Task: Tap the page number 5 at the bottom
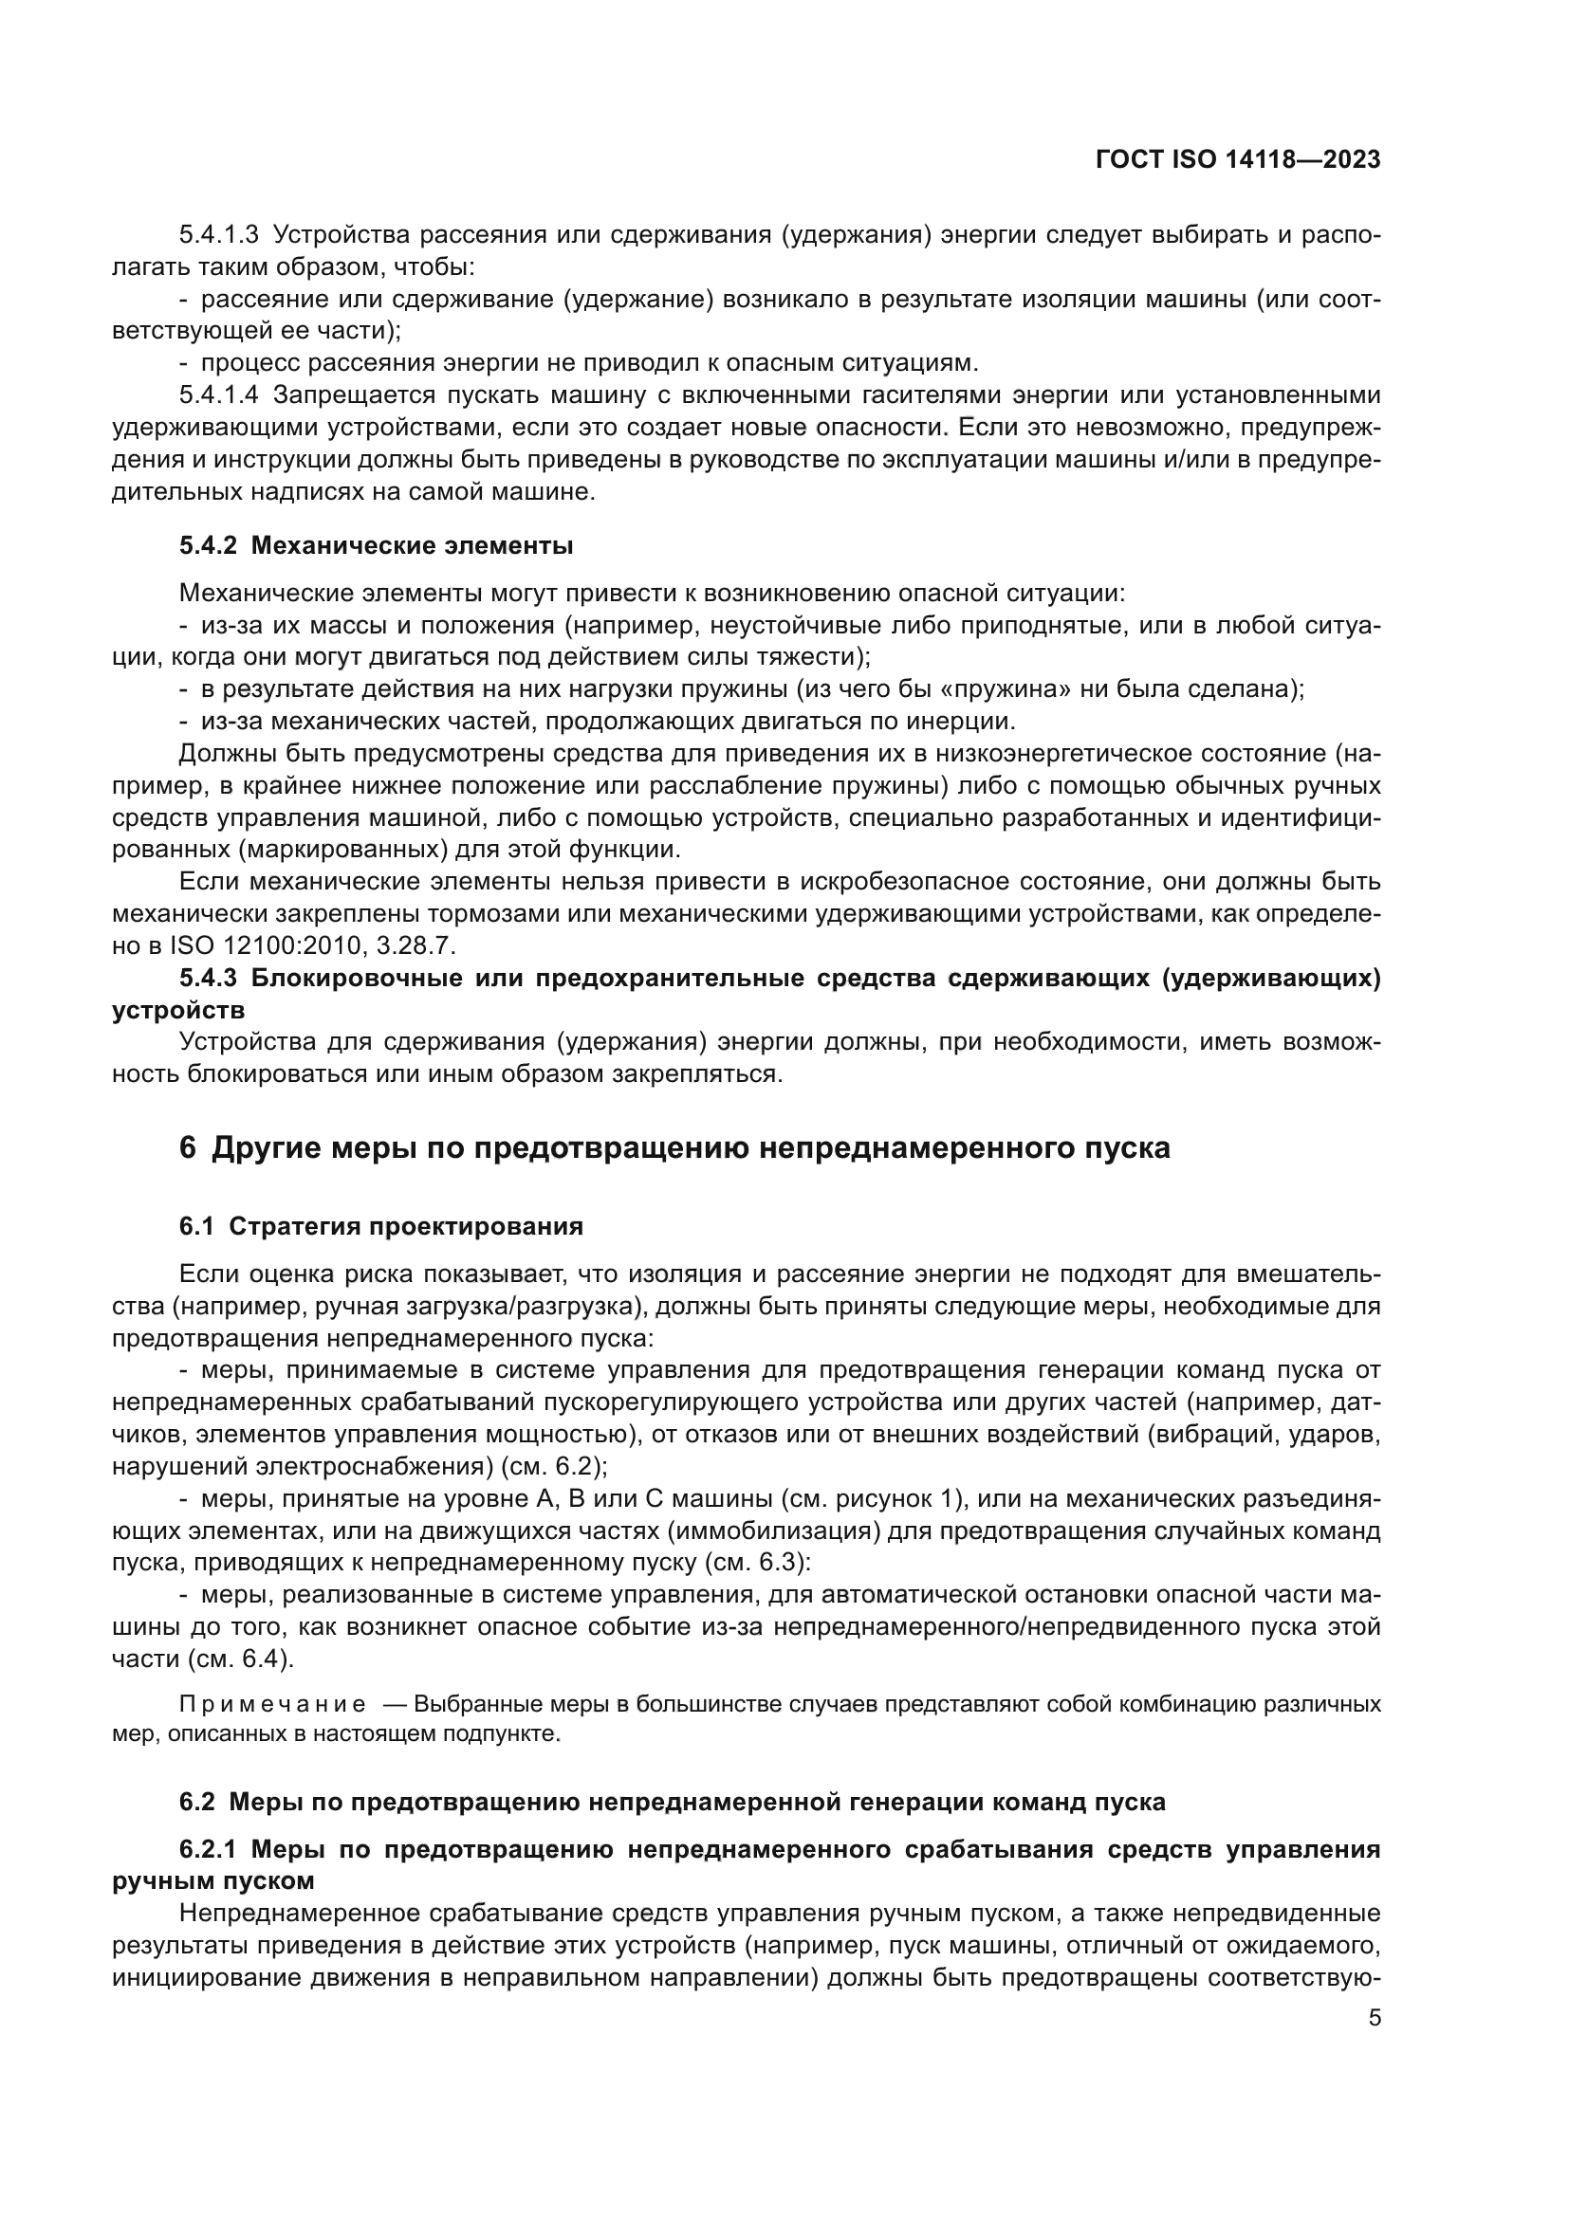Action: pos(1374,2018)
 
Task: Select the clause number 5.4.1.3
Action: pos(218,235)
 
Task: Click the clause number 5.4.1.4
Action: pos(218,395)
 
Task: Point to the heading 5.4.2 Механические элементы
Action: pos(376,547)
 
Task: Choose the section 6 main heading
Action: pos(674,1147)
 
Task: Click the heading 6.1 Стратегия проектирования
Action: pos(380,1227)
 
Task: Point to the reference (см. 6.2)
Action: pos(554,1466)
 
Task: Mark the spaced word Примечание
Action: pos(272,1703)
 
